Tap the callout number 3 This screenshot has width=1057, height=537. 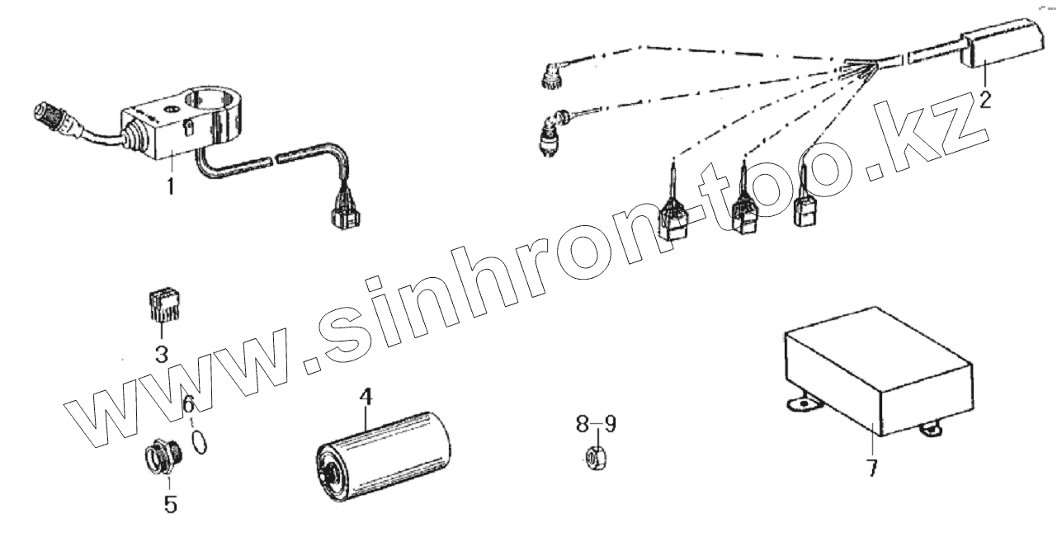pos(162,356)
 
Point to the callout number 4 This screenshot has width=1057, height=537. pos(366,398)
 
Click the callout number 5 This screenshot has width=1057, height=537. pos(170,502)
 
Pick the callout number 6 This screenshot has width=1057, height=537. pos(188,405)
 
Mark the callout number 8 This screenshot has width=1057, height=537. pos(583,425)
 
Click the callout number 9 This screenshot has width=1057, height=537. pos(609,425)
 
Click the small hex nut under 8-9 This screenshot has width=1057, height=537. pos(595,455)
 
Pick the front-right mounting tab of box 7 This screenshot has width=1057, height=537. pos(933,429)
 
